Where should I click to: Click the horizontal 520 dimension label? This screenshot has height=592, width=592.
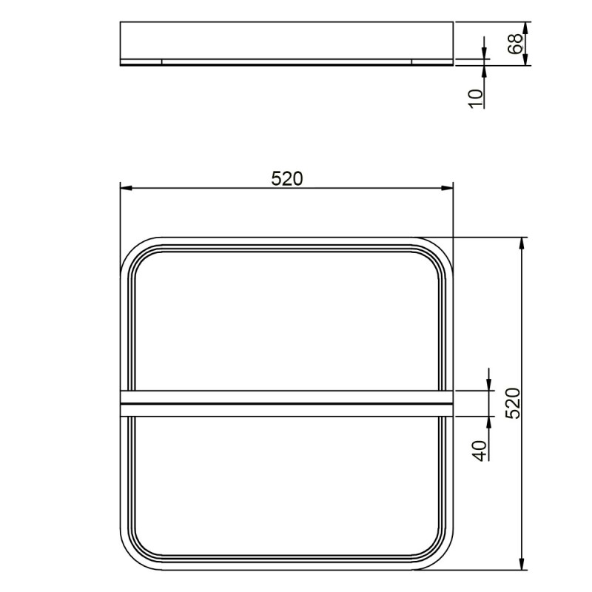click(287, 178)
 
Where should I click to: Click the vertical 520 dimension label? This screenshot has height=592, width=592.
click(513, 403)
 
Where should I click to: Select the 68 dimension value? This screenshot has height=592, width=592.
click(516, 44)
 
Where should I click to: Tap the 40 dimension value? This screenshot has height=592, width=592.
click(480, 451)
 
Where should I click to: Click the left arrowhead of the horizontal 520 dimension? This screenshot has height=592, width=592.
click(126, 188)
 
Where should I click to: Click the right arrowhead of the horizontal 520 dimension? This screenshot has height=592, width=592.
click(447, 188)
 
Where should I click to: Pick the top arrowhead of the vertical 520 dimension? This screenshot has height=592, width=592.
click(522, 243)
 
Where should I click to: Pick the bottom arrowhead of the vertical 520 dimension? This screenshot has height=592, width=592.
click(522, 564)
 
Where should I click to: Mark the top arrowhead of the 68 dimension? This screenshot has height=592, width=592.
click(525, 27)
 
